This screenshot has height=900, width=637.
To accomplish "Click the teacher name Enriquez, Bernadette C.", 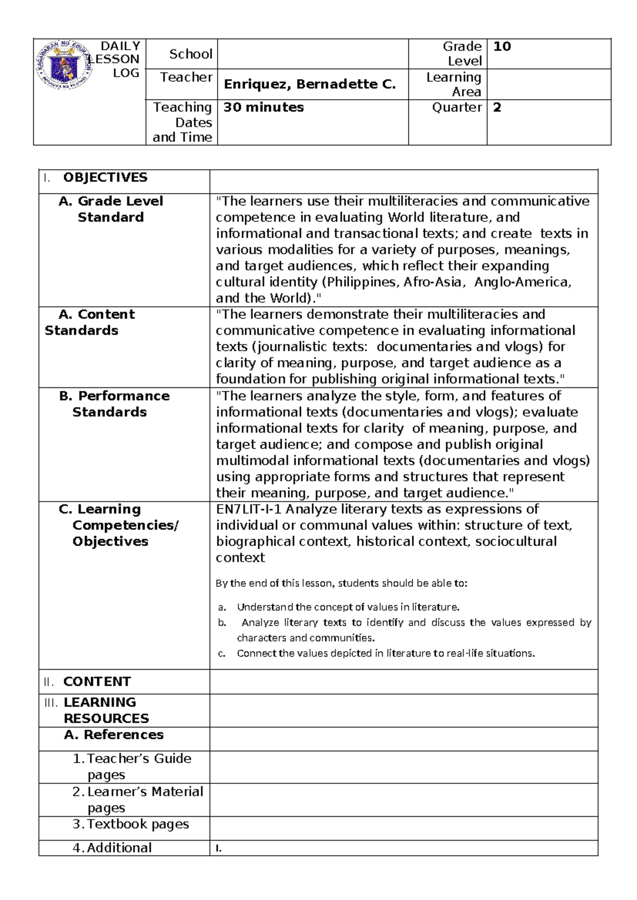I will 309,84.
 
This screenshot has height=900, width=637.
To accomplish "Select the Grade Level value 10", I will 502,47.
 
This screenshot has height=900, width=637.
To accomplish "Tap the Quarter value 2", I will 497,108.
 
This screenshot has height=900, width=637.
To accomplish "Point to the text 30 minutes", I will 263,108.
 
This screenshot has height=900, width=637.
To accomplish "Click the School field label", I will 191,54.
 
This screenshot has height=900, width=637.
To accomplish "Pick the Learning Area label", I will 454,84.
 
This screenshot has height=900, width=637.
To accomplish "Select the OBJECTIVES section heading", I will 105,178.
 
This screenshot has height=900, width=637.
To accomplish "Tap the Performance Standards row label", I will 115,404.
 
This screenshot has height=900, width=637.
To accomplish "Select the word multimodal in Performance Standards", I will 252,461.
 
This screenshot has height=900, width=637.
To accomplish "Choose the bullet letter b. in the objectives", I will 222,623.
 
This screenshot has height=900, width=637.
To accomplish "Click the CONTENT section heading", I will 97,682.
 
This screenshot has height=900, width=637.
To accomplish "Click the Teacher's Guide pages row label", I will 139,766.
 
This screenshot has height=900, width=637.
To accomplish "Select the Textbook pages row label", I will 138,824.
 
